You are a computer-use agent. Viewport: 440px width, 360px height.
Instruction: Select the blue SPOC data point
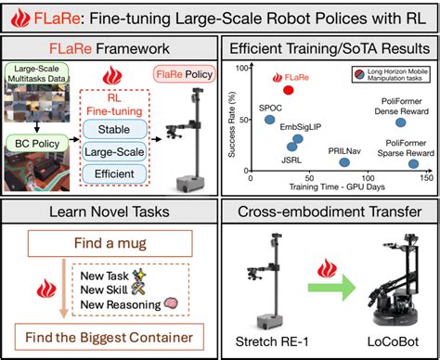pos(269,119)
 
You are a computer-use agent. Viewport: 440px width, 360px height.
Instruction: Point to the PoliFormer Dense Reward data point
pos(400,122)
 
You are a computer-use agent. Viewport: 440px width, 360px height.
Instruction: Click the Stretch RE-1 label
pos(275,344)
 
